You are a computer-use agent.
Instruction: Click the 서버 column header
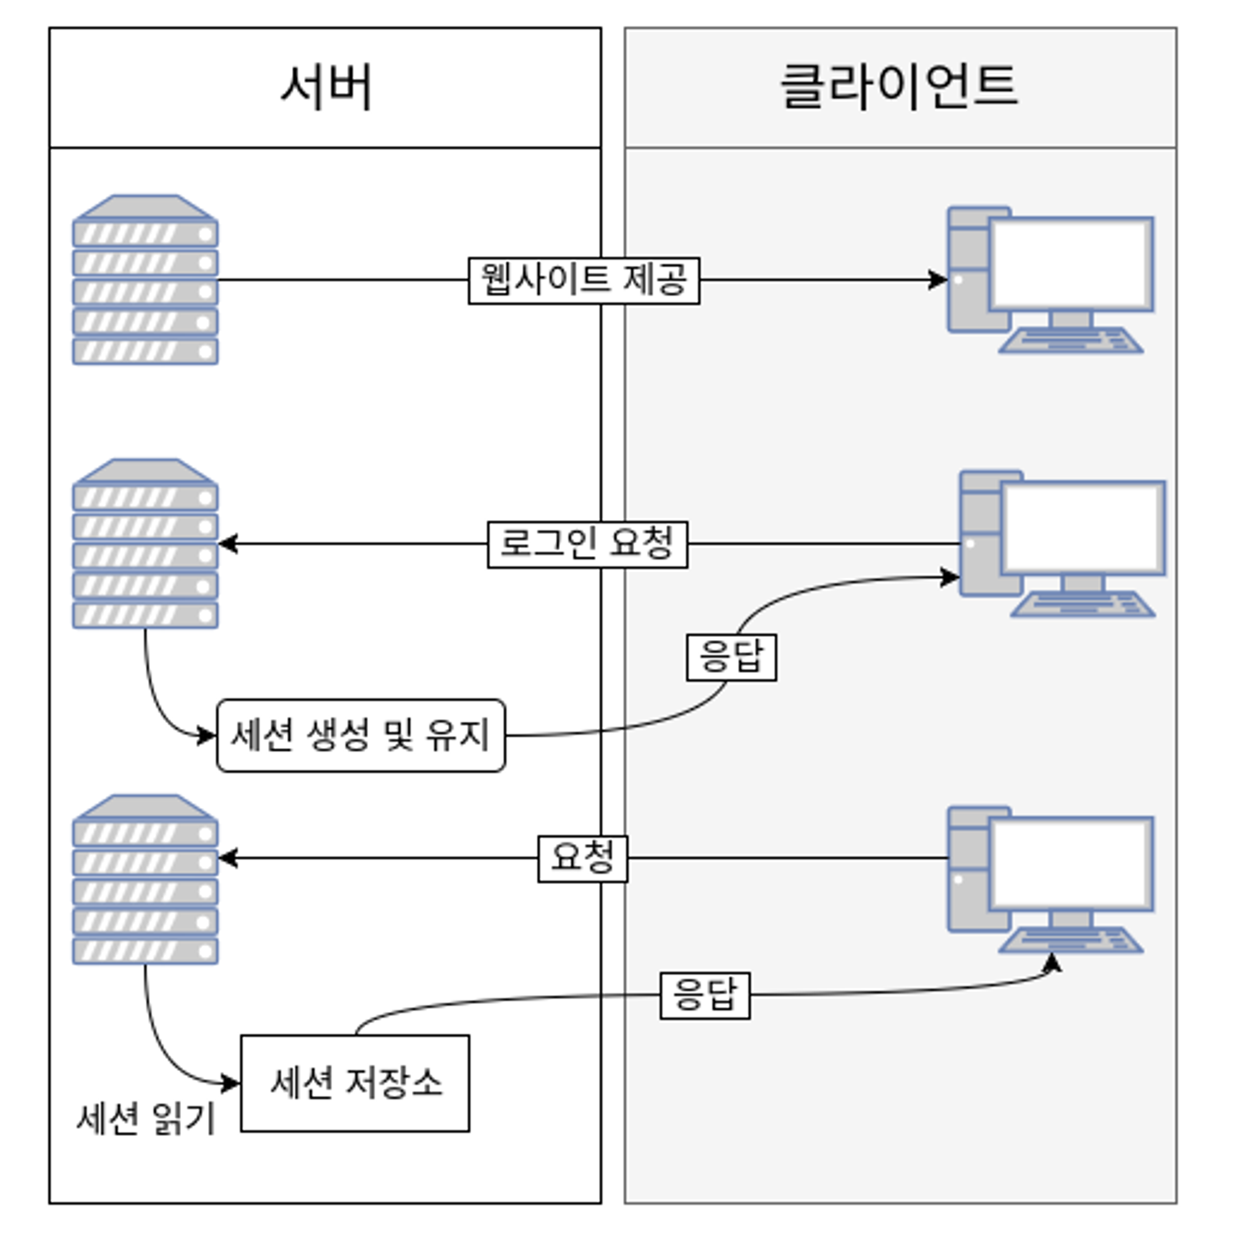click(x=325, y=87)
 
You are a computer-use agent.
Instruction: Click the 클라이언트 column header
click(x=899, y=87)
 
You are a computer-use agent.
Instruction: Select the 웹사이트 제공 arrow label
click(x=584, y=280)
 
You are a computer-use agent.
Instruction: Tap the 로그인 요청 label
click(x=587, y=544)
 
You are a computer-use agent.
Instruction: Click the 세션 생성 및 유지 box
click(x=361, y=735)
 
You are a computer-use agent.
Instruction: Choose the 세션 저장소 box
click(x=355, y=1083)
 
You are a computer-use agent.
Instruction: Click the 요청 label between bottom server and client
click(x=582, y=858)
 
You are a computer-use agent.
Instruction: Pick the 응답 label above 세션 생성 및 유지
click(x=731, y=657)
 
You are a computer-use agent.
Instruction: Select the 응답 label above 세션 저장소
click(x=705, y=995)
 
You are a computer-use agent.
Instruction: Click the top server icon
click(x=145, y=280)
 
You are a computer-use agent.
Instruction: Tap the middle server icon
click(x=145, y=544)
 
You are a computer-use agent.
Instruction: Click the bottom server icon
click(x=145, y=879)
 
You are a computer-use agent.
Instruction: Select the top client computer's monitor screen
click(x=1071, y=264)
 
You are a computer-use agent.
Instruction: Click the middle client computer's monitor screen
click(x=1083, y=528)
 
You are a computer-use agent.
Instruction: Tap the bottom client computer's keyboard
click(x=1071, y=940)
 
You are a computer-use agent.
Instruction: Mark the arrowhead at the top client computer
click(x=939, y=280)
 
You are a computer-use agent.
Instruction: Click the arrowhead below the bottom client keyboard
click(x=1052, y=962)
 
